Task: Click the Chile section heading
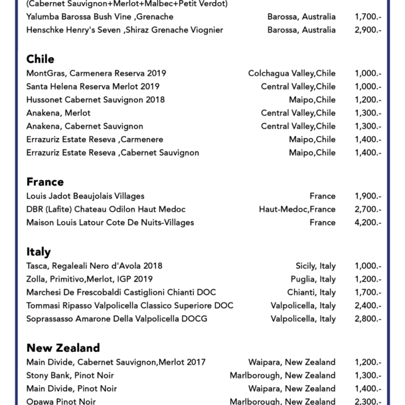40,59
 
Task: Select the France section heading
45,182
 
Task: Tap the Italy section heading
39,252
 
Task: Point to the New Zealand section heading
63,348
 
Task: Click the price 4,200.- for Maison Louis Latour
368,222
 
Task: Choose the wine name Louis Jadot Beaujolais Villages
85,196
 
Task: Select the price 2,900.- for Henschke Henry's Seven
368,30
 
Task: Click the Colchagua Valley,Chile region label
291,73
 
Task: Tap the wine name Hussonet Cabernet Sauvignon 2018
96,100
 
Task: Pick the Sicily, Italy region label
315,266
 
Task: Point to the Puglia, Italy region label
313,279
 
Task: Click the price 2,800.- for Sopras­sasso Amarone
368,319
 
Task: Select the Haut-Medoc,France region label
297,209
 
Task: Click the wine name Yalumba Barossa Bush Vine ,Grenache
100,17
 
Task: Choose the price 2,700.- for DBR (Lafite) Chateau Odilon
368,209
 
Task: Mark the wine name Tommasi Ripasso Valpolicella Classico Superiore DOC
129,305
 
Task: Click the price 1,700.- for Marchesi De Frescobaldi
368,292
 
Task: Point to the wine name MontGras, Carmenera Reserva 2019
96,73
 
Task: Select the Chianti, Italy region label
311,292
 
